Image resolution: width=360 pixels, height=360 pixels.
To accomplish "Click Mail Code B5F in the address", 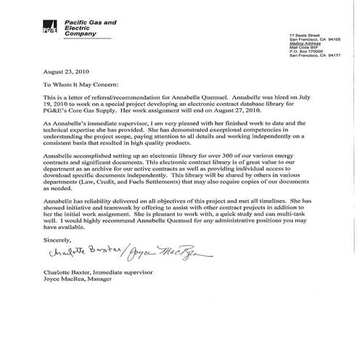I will [303, 47].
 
